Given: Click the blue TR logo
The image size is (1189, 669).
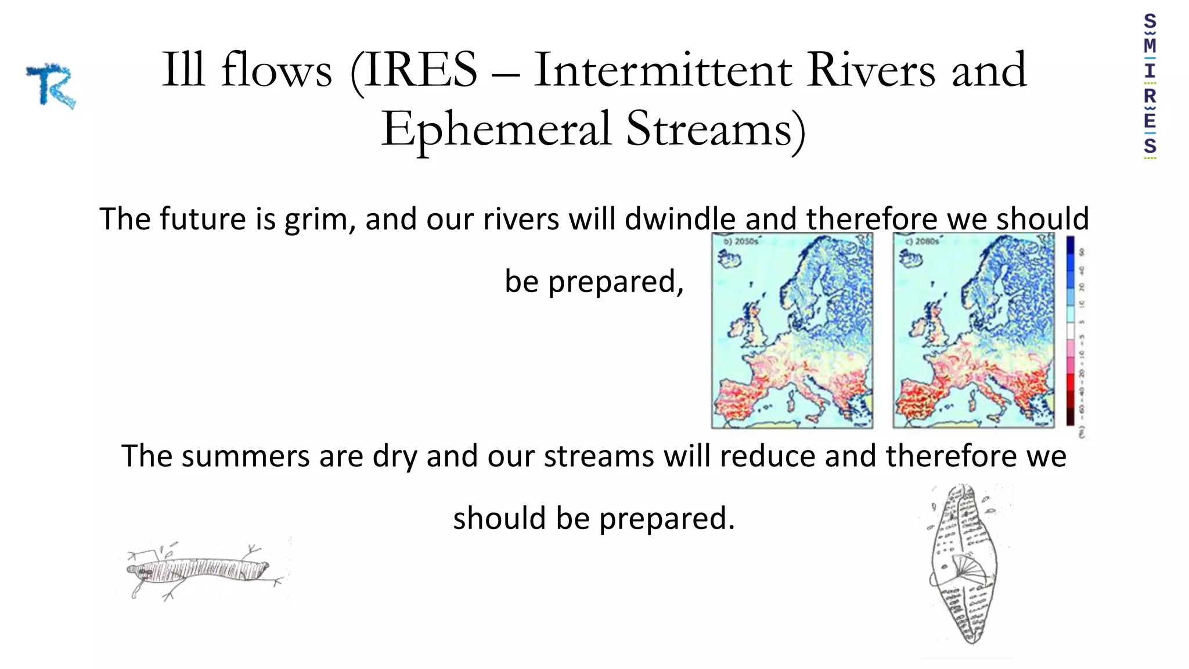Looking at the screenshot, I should [51, 86].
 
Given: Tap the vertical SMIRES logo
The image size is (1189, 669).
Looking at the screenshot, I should [1150, 85].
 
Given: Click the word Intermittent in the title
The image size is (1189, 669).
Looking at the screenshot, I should [662, 70].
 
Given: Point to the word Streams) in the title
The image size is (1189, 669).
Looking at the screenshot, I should [715, 129].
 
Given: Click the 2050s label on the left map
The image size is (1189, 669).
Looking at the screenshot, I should [741, 241].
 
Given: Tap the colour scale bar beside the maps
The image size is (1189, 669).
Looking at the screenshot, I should [1070, 331].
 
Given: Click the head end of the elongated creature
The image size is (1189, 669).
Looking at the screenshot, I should [139, 573].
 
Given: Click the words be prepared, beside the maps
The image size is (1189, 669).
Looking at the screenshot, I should [594, 282].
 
